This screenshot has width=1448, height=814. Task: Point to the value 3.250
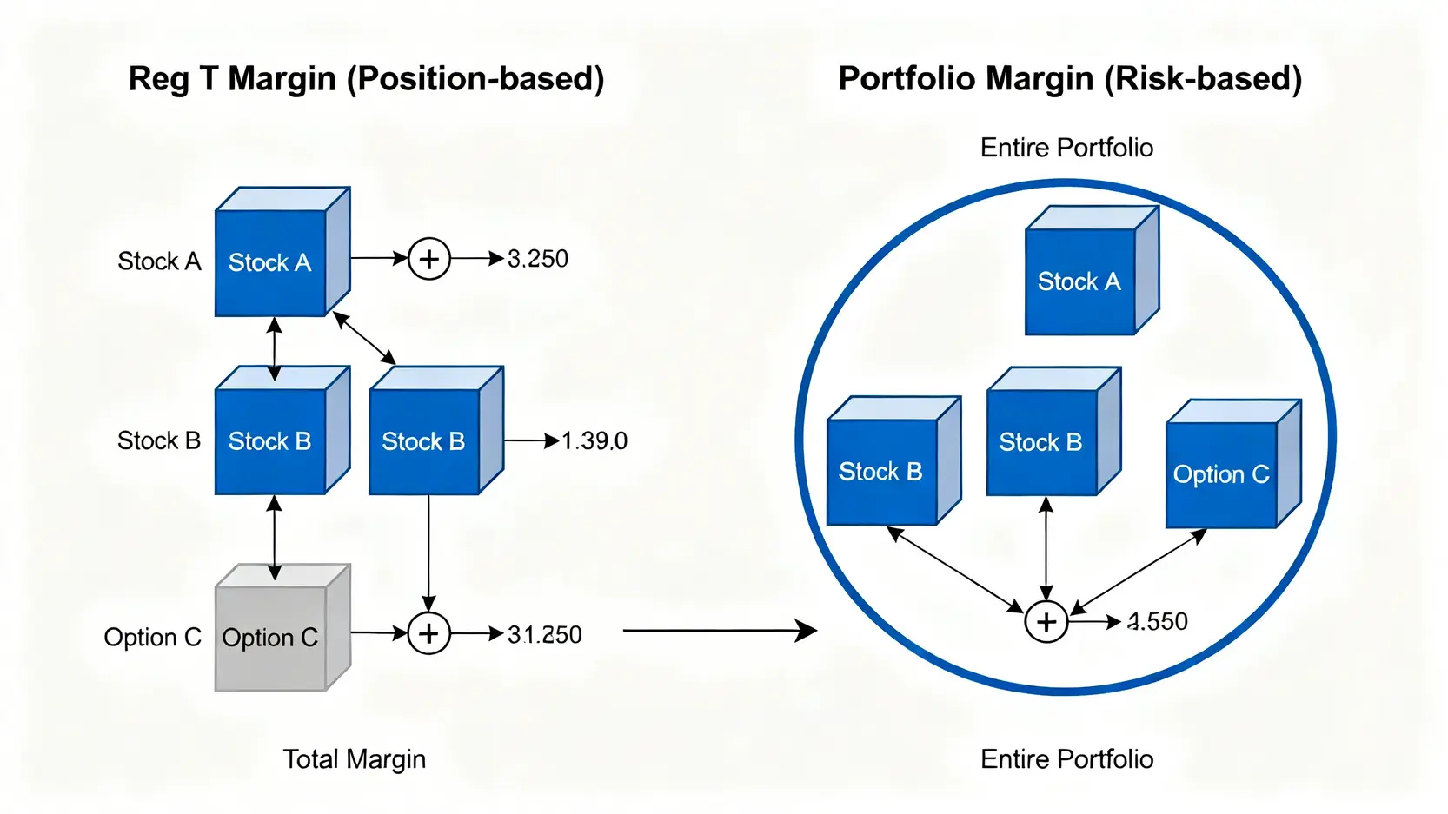[x=538, y=259]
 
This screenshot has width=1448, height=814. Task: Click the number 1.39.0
[x=594, y=441]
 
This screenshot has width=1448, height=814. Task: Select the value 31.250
[x=545, y=635]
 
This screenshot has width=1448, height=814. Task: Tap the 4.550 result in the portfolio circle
[x=1158, y=622]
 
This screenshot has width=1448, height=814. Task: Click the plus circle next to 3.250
[x=429, y=259]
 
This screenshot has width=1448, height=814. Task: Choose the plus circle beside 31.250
[x=428, y=633]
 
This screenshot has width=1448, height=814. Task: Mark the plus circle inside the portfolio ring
[x=1046, y=622]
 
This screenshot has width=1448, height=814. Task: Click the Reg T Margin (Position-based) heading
[x=366, y=79]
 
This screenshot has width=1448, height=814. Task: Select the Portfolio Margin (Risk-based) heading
[x=1070, y=79]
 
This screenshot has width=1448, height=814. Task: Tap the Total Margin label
[x=355, y=759]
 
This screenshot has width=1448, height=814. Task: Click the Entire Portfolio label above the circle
[x=1066, y=148]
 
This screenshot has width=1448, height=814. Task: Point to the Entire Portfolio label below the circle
[x=1066, y=759]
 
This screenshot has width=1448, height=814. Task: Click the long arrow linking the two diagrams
[x=720, y=631]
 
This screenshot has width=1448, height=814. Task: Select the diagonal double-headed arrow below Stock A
[x=365, y=338]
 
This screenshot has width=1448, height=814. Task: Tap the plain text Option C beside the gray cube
[x=152, y=638]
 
